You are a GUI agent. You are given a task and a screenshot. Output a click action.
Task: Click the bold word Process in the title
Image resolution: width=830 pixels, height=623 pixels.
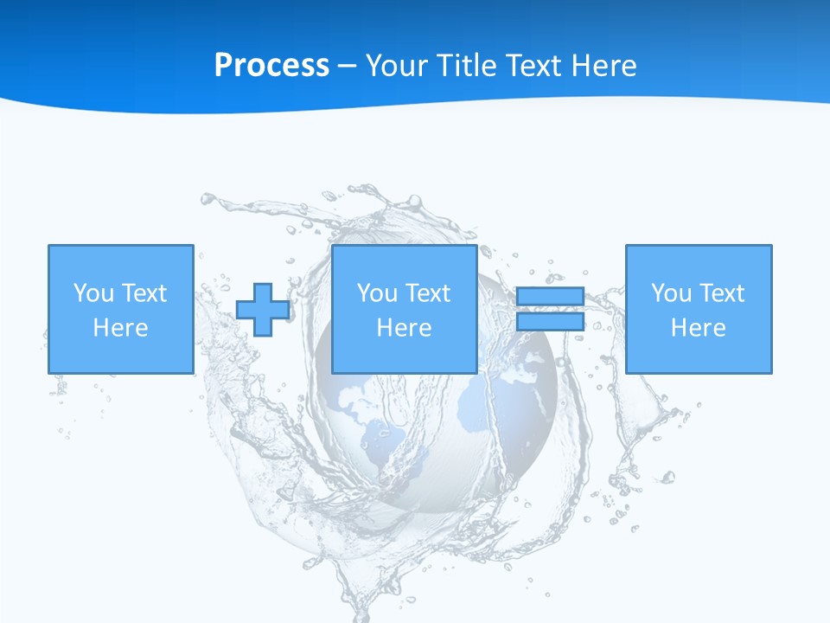[x=271, y=66]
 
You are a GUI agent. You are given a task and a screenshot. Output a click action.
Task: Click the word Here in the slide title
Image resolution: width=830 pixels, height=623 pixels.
[x=603, y=66]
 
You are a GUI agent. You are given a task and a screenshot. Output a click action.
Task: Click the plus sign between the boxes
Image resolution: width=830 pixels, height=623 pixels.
[x=263, y=309]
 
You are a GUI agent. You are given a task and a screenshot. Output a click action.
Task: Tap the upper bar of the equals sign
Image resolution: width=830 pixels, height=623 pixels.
[x=550, y=296]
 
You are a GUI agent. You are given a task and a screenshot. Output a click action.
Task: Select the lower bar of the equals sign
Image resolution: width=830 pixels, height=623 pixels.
[x=550, y=322]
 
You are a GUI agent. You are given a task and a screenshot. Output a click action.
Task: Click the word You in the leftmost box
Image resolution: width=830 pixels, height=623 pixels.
[x=93, y=293]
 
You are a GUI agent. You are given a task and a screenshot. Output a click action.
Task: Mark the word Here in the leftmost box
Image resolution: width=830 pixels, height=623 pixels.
[x=120, y=328]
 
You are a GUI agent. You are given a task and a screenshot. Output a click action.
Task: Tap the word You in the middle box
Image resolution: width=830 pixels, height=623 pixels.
[x=376, y=293]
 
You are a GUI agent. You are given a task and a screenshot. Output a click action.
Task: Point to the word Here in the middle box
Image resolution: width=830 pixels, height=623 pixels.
[x=404, y=328]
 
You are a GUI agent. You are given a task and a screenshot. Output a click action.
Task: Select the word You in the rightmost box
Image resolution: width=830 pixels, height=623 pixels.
[x=670, y=293]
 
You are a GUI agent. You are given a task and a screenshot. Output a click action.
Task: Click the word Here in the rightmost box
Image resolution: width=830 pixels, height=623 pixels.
[x=698, y=328]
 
